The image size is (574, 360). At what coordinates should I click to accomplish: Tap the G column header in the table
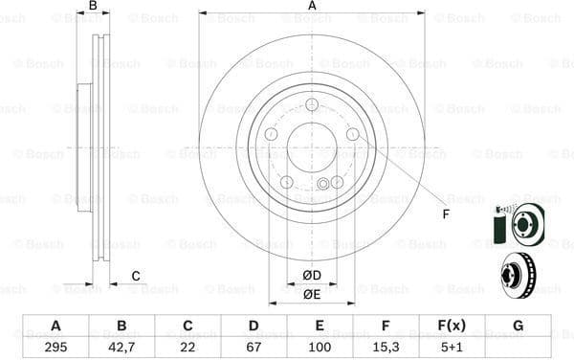[518, 325]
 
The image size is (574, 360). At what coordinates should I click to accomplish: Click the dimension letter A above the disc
[312, 7]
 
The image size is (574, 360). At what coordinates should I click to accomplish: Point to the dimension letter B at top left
[93, 7]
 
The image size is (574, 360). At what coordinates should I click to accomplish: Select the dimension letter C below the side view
[135, 277]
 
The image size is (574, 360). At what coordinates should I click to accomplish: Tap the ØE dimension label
[312, 295]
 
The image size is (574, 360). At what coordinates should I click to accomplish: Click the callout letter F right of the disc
[445, 213]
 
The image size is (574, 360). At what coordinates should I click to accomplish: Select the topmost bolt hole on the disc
[312, 106]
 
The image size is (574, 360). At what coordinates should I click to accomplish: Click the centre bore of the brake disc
[312, 147]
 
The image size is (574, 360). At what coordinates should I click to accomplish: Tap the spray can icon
[497, 227]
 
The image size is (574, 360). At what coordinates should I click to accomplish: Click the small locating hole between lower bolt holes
[323, 184]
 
